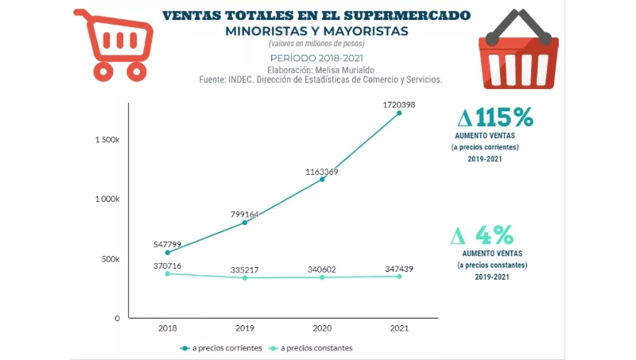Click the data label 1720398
(399, 104)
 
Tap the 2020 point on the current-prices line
(322, 179)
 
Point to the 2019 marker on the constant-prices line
(245, 277)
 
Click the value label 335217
(245, 269)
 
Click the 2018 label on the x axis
(168, 327)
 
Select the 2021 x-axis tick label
(399, 327)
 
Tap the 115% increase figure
(496, 118)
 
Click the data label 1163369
(321, 172)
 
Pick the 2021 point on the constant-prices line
(399, 277)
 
